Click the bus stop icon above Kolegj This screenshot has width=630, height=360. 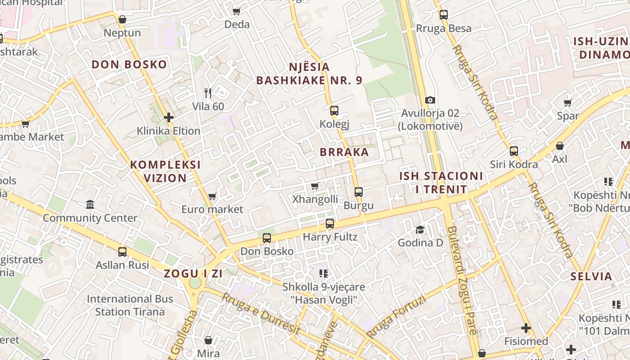(334, 110)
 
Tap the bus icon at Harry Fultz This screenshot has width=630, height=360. (330, 224)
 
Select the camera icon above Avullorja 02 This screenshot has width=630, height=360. (430, 100)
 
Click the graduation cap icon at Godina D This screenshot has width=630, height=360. (420, 229)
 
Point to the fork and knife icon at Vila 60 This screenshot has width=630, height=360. (207, 93)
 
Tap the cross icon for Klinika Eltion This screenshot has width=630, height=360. (169, 117)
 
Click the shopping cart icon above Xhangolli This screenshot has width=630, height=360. (315, 186)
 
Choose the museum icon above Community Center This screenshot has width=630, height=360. (90, 205)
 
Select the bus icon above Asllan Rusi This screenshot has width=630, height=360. (122, 252)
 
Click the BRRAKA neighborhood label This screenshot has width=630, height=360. (344, 152)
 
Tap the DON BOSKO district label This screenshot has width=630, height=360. (129, 64)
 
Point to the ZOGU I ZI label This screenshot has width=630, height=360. (193, 274)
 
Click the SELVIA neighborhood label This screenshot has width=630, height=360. (591, 276)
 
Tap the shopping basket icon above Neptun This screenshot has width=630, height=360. (122, 19)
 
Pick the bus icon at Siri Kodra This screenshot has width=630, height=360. (514, 151)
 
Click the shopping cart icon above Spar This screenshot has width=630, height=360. (568, 103)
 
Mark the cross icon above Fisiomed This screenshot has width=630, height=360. (526, 328)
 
